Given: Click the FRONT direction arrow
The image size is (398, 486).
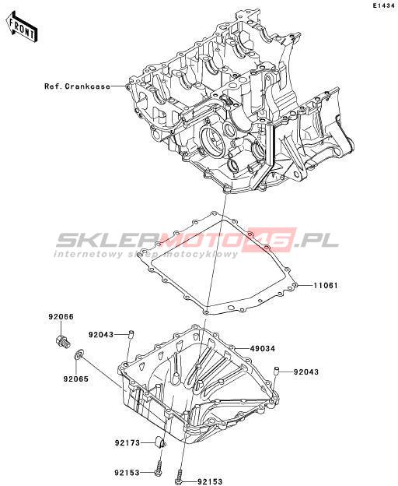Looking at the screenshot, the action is (x=21, y=27).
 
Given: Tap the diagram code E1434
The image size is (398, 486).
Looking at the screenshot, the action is (x=384, y=5).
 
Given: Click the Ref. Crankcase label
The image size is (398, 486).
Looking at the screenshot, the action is (x=77, y=86).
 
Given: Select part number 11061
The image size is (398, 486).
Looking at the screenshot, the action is (x=326, y=285).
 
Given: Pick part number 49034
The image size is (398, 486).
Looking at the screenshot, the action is (x=263, y=349).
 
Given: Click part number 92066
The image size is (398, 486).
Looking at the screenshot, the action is (x=61, y=317).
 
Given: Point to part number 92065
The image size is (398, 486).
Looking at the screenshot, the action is (x=76, y=379).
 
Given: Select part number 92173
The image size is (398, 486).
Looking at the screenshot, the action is (x=127, y=443).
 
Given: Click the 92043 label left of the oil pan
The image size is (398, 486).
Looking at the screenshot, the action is (x=101, y=335).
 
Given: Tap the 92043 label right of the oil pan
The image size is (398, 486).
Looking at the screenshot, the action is (x=305, y=372).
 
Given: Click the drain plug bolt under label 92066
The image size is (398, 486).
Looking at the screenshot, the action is (x=63, y=341).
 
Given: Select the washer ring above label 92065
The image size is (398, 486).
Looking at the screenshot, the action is (x=79, y=354).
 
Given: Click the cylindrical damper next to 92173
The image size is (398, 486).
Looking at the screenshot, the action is (x=160, y=442).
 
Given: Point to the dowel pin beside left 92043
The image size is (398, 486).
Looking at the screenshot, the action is (x=131, y=334).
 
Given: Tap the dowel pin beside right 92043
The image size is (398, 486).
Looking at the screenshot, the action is (x=277, y=371).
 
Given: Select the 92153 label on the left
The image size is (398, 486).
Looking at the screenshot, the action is (x=127, y=473).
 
